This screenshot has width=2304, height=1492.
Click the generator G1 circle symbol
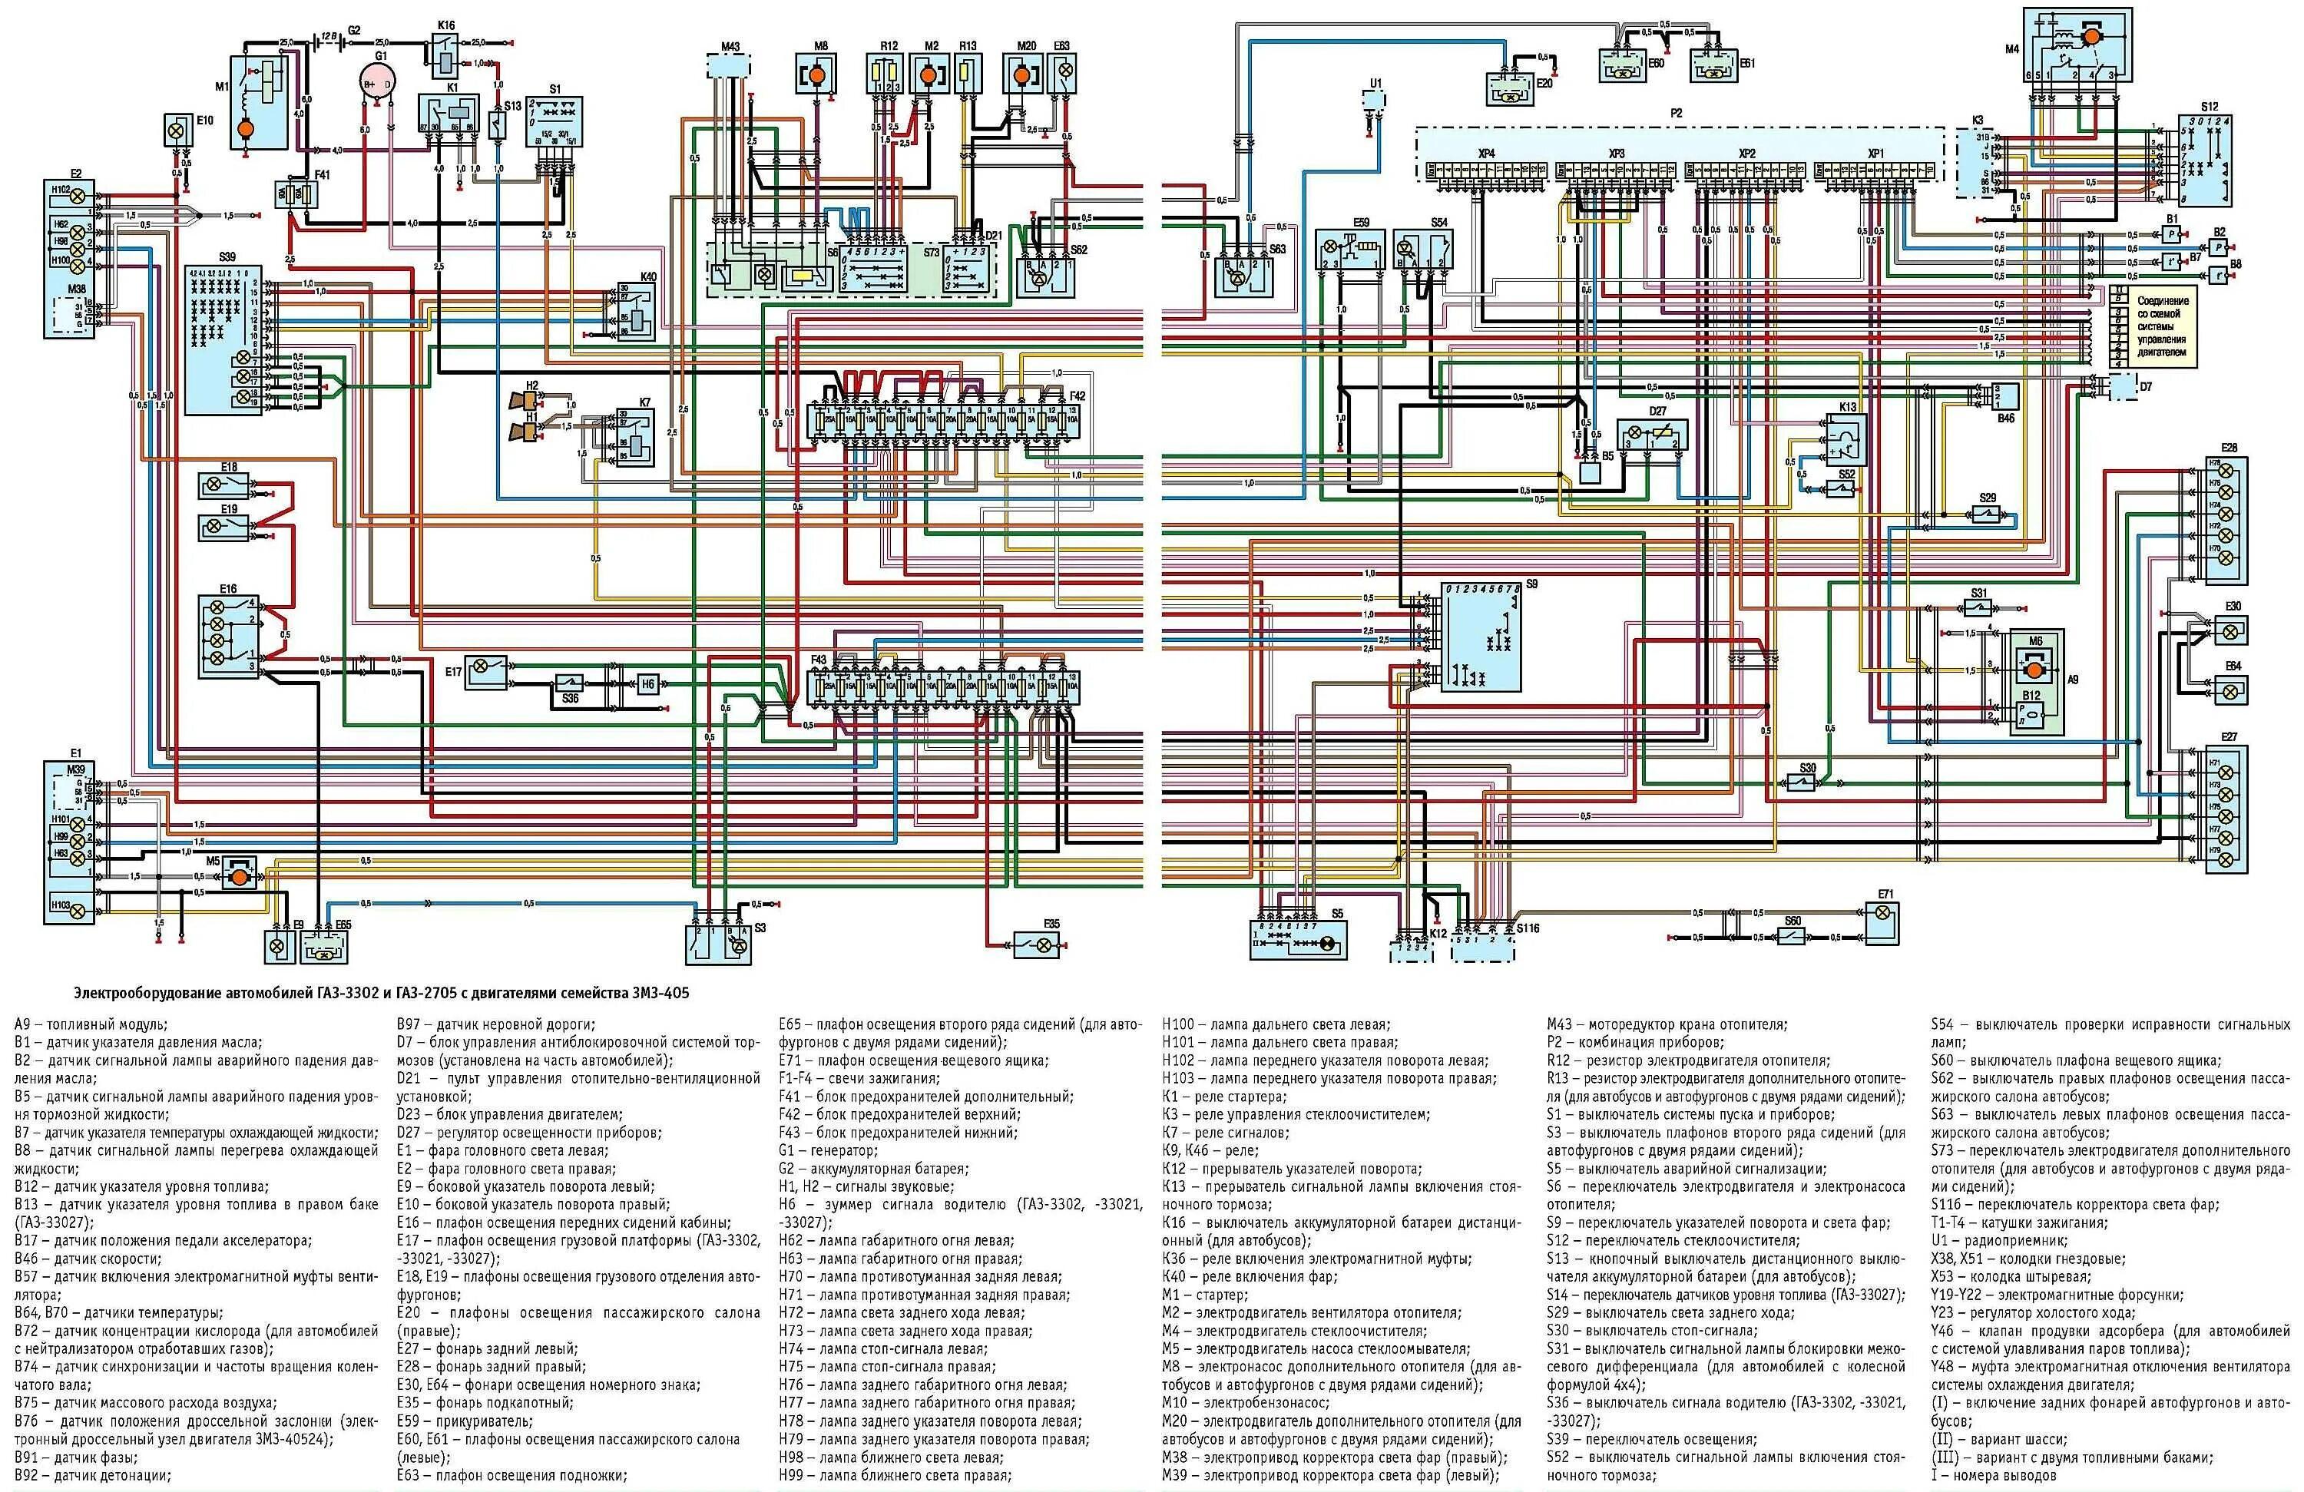tap(380, 85)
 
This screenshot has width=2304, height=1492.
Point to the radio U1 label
tap(1375, 83)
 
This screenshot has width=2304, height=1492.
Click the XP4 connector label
tap(1486, 154)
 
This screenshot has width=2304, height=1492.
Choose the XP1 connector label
tap(1875, 154)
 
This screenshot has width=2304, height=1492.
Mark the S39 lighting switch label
tap(227, 257)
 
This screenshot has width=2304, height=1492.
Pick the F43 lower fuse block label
tap(818, 660)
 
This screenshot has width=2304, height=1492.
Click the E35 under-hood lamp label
tap(1051, 924)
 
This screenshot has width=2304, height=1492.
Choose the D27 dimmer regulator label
tap(1657, 412)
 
